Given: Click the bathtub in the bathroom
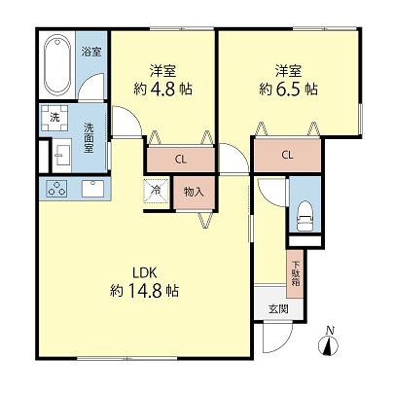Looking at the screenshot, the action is [57, 65].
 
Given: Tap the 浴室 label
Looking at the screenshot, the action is [91, 52].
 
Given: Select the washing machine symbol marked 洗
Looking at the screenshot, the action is [54, 118].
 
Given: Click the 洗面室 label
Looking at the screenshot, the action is [89, 137].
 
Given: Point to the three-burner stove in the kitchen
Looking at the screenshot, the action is [57, 189].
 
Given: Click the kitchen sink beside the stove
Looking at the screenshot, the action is [93, 189].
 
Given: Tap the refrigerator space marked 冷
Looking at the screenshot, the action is [157, 191].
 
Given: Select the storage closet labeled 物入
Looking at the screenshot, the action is [194, 192].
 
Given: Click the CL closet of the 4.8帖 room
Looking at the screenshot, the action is [181, 159].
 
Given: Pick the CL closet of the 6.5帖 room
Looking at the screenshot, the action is [287, 155].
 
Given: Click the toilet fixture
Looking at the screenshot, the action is [304, 216].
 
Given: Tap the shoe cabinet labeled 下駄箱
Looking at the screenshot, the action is [295, 273].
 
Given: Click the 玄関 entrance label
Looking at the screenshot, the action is [278, 309].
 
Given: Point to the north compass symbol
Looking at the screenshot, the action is [329, 343].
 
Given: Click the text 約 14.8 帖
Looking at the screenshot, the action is [145, 291].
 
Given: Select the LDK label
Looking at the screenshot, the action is [145, 272].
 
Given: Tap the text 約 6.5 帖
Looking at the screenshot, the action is [288, 89].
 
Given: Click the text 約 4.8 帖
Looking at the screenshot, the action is [162, 89].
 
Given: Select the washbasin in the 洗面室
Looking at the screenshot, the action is [62, 156].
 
